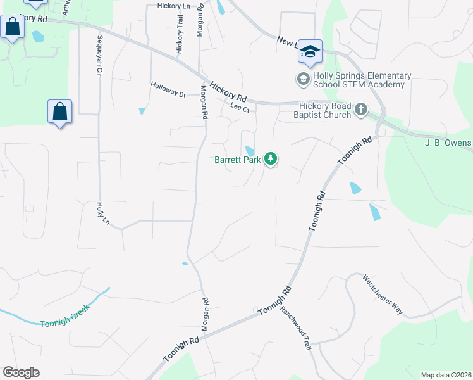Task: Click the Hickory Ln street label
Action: [x=169, y=6]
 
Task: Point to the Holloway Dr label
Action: [x=168, y=89]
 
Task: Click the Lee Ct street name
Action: [x=240, y=108]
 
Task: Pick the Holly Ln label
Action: [x=102, y=213]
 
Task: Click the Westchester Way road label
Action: [x=383, y=294]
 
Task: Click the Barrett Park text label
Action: [x=238, y=160]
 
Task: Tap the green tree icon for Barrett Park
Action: [x=271, y=158]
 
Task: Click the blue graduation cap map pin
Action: [x=310, y=52]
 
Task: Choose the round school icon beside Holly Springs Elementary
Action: [x=302, y=80]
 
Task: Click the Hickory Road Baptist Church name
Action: [x=322, y=110]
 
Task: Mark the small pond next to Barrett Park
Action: [x=250, y=151]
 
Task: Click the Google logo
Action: [x=21, y=372]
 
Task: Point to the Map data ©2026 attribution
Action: [x=445, y=375]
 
